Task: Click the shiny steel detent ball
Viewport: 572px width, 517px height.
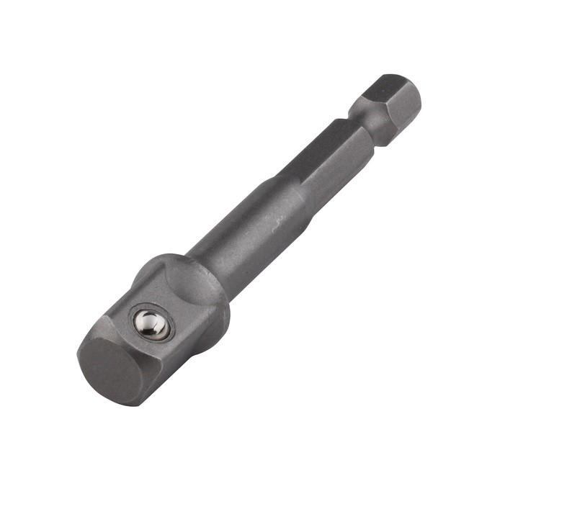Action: (153, 325)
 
